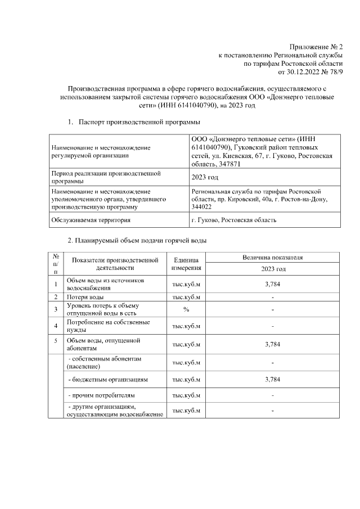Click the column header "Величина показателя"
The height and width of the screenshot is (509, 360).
(x=272, y=258)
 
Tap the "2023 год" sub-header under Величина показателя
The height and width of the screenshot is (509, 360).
(x=272, y=269)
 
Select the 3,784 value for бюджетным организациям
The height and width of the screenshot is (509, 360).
(x=272, y=380)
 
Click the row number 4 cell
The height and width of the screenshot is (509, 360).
(x=56, y=326)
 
